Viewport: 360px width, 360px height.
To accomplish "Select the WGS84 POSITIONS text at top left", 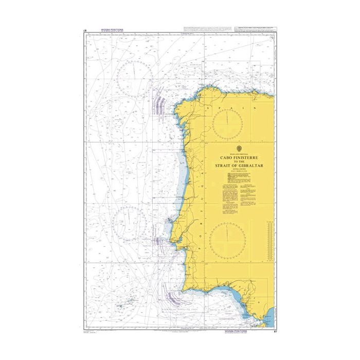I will [x=101, y=30].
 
